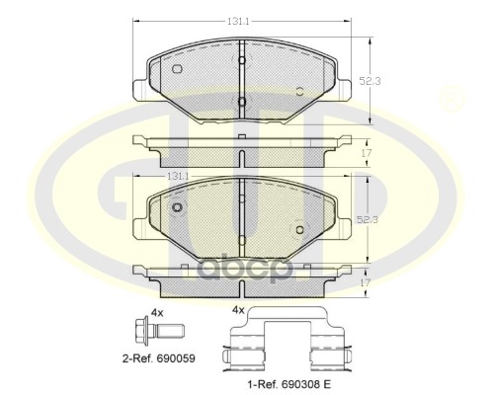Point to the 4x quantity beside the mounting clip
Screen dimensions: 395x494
(x=237, y=309)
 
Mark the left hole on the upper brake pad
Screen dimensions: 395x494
(x=177, y=69)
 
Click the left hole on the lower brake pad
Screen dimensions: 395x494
(x=177, y=208)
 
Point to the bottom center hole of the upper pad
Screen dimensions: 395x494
(x=241, y=102)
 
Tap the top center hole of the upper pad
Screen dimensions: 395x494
(x=241, y=59)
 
